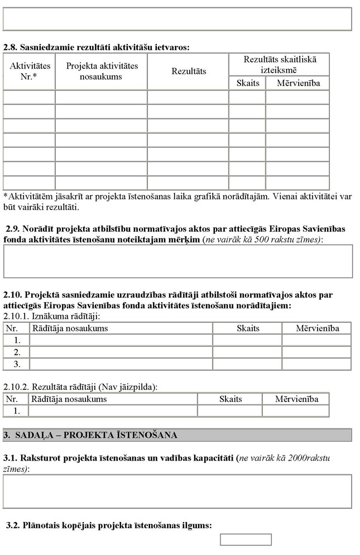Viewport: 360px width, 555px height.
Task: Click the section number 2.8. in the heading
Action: tap(11, 47)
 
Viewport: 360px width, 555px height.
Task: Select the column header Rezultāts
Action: tap(189, 71)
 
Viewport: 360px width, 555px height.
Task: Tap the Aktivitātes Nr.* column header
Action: tap(30, 70)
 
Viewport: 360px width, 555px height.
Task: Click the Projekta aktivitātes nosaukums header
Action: tap(102, 71)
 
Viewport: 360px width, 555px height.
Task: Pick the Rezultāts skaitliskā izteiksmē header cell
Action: tap(279, 64)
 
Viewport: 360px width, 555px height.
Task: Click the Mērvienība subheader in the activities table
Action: tap(297, 83)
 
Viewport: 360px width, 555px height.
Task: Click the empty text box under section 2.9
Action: tap(178, 261)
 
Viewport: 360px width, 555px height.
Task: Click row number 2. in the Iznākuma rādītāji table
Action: tap(17, 352)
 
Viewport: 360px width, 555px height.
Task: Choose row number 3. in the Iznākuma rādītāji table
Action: tap(17, 364)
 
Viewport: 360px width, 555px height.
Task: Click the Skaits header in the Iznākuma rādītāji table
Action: tap(248, 328)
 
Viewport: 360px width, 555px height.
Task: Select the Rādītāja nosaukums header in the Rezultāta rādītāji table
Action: tap(69, 399)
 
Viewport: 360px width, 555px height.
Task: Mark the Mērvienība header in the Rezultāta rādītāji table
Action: tap(296, 399)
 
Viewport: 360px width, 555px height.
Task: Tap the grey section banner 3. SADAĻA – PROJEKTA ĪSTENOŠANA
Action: tap(177, 435)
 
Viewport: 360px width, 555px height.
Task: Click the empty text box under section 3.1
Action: tap(178, 491)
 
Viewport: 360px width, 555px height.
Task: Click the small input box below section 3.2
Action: tap(246, 539)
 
